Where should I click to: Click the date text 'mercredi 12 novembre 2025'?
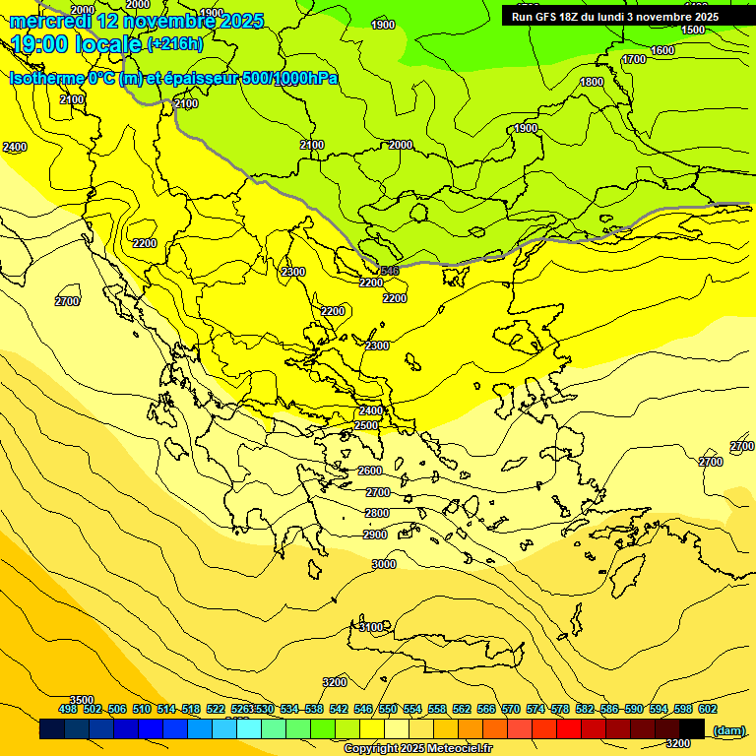[136, 21]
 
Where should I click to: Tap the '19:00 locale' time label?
[77, 44]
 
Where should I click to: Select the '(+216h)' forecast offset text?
[175, 44]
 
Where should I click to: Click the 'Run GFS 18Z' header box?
[615, 17]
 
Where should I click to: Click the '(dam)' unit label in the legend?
[728, 729]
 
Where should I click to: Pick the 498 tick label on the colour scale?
[68, 709]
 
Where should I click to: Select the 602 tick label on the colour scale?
[708, 709]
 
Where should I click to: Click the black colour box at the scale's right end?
[692, 728]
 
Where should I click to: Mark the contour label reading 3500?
[82, 700]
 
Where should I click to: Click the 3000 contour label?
[384, 564]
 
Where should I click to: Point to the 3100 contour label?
[371, 627]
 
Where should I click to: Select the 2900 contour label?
[375, 535]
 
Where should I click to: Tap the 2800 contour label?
[377, 513]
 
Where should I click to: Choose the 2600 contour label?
[370, 471]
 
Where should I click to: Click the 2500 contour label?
[366, 425]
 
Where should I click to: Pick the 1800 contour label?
[591, 82]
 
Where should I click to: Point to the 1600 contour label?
[662, 50]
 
